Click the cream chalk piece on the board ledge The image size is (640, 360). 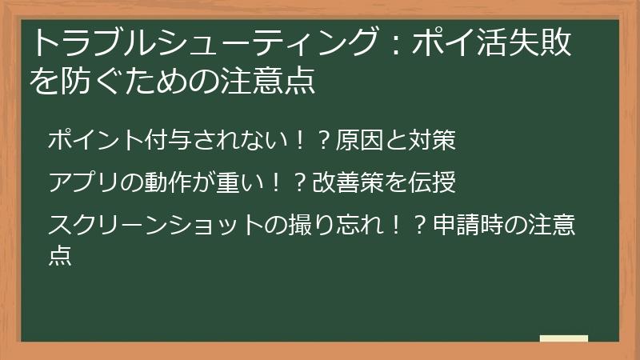click(564, 338)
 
